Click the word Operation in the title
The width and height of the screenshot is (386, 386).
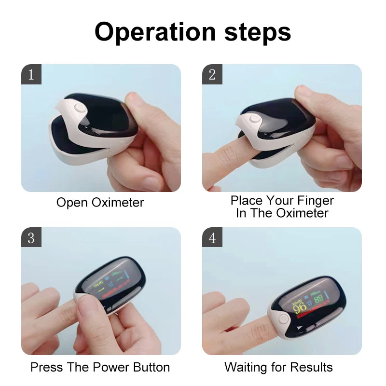155,32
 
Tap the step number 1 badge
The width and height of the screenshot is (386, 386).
31,75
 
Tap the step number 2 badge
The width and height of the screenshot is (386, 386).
212,75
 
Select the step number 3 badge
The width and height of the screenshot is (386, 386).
31,238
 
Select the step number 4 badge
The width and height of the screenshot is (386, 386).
212,238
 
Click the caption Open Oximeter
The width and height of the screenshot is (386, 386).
100,202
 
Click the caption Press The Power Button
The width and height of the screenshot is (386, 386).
100,367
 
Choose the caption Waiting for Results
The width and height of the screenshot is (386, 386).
278,367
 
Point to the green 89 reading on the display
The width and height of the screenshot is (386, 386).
318,299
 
